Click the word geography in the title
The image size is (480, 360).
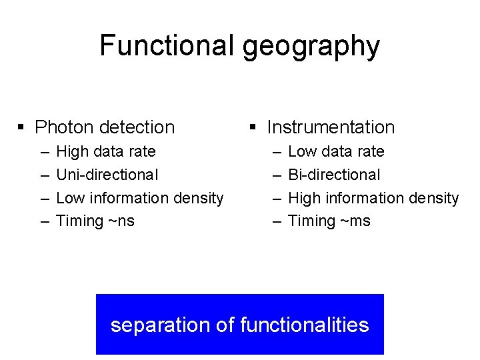click(311, 47)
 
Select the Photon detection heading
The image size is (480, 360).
click(105, 127)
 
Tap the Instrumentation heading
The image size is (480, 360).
click(331, 127)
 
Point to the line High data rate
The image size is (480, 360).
click(106, 151)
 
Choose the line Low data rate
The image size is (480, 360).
click(336, 151)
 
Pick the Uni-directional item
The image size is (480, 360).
click(107, 175)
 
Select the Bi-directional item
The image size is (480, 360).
click(334, 175)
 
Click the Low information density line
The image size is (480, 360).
click(140, 198)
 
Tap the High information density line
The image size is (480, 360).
click(373, 198)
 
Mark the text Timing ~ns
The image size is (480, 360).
click(95, 221)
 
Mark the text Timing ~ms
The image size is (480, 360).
click(329, 221)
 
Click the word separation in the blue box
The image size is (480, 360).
click(160, 325)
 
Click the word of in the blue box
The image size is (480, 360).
click(225, 325)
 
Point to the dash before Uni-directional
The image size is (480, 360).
click(45, 175)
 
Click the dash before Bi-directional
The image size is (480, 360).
click(277, 175)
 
